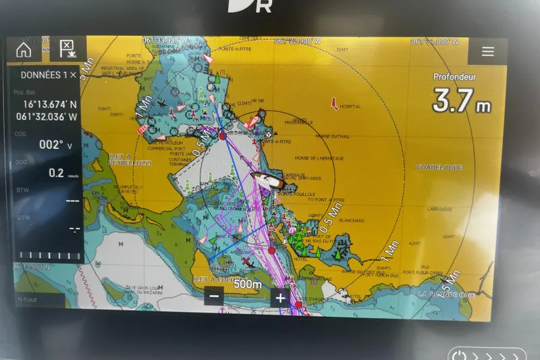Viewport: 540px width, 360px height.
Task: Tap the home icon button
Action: click(x=24, y=49)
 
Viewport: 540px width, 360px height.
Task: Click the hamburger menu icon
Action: click(x=487, y=51)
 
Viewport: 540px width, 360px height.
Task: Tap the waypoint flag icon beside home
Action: click(x=66, y=49)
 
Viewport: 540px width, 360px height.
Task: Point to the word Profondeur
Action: click(x=454, y=77)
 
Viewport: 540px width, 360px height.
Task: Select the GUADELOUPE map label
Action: click(x=439, y=167)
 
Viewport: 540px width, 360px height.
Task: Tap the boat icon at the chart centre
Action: click(x=268, y=180)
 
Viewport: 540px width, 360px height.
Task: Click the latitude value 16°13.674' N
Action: click(x=51, y=105)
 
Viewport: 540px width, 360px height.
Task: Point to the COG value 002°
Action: click(x=51, y=144)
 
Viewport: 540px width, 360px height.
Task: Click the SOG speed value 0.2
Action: click(x=56, y=173)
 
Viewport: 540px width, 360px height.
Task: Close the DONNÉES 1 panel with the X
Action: click(x=73, y=75)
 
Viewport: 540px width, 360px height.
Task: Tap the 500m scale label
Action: click(x=247, y=284)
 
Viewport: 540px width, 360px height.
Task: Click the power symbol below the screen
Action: click(x=459, y=354)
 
